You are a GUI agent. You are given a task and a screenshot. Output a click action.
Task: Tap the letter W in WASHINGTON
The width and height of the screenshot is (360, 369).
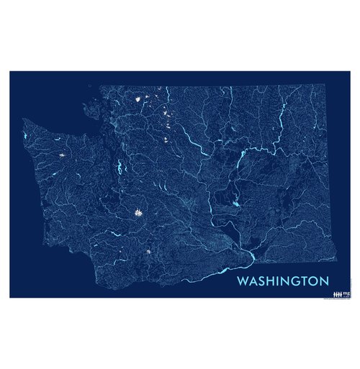(x=242, y=279)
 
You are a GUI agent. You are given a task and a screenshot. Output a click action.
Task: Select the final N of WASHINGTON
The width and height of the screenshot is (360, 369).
(x=324, y=279)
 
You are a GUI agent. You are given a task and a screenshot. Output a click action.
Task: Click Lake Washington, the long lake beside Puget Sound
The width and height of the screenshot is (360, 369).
(x=118, y=170)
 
